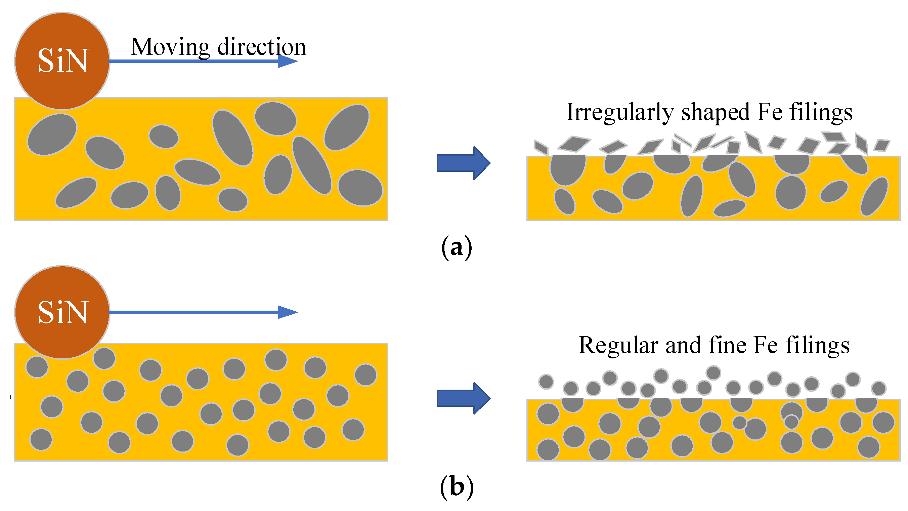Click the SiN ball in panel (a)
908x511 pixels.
pyautogui.click(x=62, y=61)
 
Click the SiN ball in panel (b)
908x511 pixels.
pyautogui.click(x=62, y=312)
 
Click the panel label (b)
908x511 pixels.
pyautogui.click(x=456, y=487)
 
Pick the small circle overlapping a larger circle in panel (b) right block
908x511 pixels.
pyautogui.click(x=791, y=422)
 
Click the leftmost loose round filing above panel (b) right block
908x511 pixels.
pyautogui.click(x=546, y=382)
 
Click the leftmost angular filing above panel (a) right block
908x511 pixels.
pyautogui.click(x=542, y=147)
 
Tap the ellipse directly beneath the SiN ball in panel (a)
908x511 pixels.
pyautogui.click(x=52, y=134)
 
